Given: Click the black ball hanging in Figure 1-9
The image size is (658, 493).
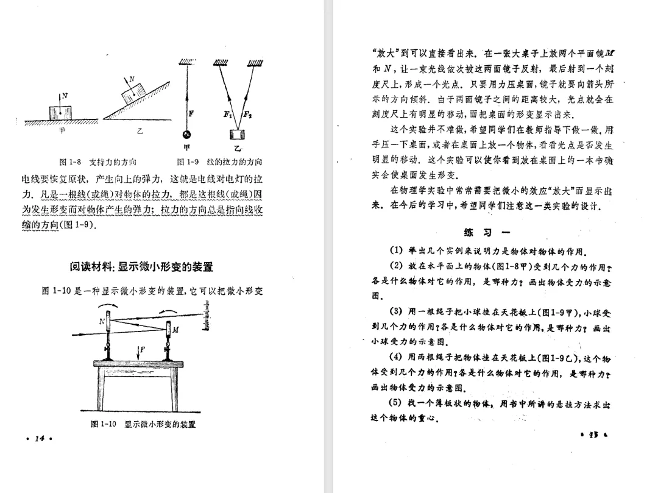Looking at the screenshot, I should click(188, 135).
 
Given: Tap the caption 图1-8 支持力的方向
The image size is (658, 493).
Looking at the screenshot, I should click(97, 162).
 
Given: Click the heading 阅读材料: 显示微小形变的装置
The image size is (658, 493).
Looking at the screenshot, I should click(141, 267).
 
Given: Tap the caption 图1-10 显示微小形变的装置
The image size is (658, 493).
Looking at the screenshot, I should click(143, 424).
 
